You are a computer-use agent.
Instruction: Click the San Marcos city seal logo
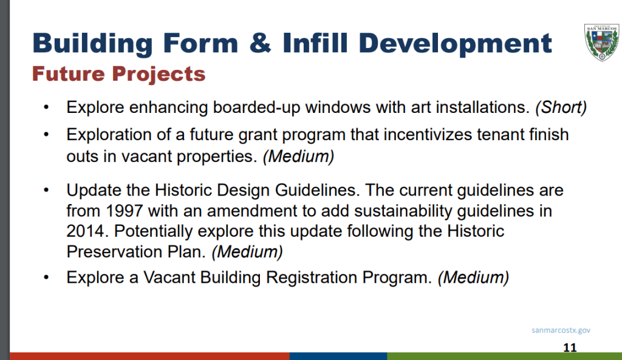(x=602, y=42)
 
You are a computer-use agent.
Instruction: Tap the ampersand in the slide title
(x=260, y=42)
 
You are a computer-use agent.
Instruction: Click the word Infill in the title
(x=315, y=42)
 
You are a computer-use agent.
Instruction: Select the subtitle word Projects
(x=159, y=73)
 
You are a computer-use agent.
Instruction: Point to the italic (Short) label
(x=561, y=107)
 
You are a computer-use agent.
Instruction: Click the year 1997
(x=124, y=211)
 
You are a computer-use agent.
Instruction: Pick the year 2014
(x=87, y=231)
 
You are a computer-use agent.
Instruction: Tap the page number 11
(x=570, y=347)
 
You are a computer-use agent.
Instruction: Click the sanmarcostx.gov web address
(x=561, y=330)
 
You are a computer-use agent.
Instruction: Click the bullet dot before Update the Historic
(x=46, y=190)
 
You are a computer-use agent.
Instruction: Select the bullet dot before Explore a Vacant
(x=46, y=277)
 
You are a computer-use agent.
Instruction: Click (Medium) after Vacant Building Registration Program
(x=473, y=277)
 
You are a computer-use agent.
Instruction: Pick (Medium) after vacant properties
(x=299, y=157)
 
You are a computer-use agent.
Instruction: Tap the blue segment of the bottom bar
(x=338, y=356)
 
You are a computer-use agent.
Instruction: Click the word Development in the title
(x=456, y=43)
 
